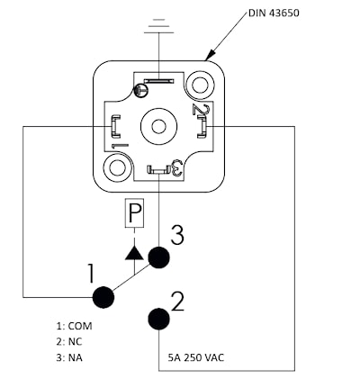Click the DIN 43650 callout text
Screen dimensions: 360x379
click(274, 14)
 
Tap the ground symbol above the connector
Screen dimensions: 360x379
click(158, 26)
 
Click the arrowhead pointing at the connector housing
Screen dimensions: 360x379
click(211, 55)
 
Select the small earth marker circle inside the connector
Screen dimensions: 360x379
click(140, 90)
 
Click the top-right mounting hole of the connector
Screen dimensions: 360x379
click(200, 85)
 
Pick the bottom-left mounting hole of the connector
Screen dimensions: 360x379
click(118, 167)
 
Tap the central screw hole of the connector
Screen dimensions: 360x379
click(158, 126)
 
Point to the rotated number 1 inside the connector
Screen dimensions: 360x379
click(120, 146)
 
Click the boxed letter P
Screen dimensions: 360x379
click(134, 212)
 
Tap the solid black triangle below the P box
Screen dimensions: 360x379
click(134, 253)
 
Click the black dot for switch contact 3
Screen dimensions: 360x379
click(158, 257)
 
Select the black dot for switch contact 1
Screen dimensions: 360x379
click(103, 297)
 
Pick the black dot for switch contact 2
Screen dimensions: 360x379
click(158, 319)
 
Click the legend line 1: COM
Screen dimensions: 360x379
click(74, 326)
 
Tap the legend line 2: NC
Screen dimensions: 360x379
click(69, 342)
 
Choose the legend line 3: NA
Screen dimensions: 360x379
click(69, 357)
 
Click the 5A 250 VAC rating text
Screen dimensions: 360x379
click(196, 357)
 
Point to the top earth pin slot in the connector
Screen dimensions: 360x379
click(158, 81)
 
